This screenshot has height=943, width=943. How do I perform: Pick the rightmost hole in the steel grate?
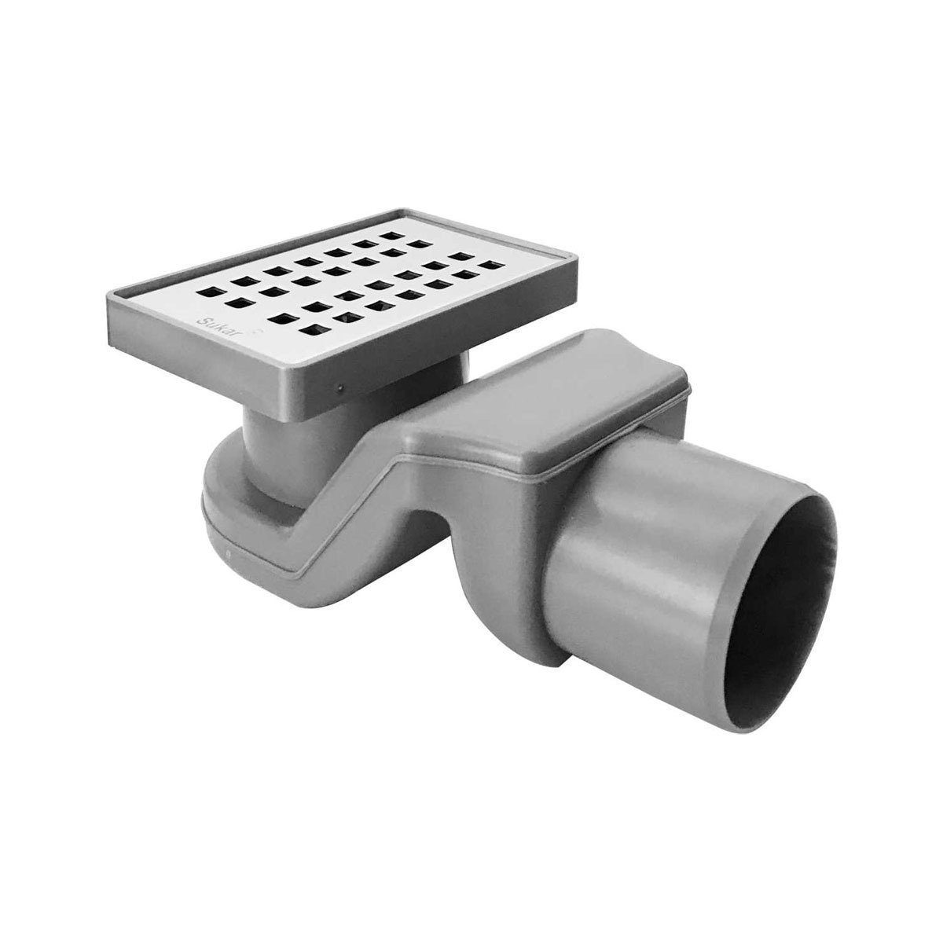pyautogui.click(x=492, y=266)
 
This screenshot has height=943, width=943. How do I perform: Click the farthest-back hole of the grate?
pyautogui.click(x=391, y=236)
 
